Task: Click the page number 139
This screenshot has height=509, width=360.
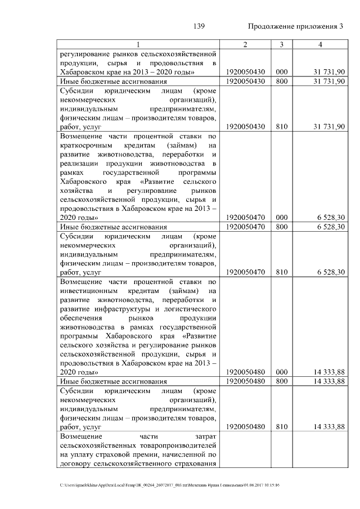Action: click(198, 26)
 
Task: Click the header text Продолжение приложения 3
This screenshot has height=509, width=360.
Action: click(295, 26)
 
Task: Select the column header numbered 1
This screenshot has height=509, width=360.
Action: click(137, 44)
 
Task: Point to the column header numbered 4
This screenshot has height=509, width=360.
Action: click(319, 44)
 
